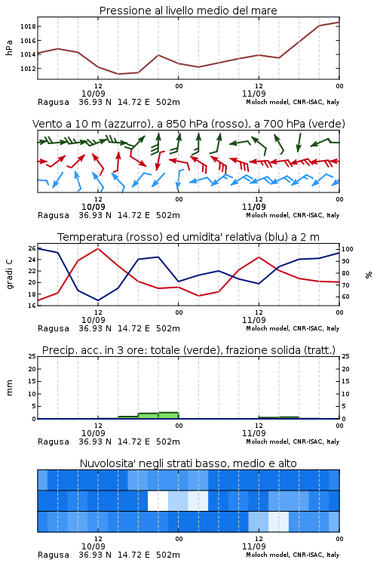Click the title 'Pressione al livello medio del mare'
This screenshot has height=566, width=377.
188,11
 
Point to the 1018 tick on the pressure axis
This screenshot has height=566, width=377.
28,26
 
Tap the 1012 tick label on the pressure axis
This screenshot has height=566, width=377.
28,69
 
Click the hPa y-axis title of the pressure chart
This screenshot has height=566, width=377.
9,48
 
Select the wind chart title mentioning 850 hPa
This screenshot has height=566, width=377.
188,124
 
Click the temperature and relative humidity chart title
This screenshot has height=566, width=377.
188,237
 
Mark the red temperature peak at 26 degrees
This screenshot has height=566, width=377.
98,248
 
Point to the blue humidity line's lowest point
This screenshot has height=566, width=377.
98,300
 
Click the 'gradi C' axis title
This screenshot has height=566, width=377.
10,275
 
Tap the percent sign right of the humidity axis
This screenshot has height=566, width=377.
369,275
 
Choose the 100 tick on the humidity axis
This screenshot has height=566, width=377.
348,249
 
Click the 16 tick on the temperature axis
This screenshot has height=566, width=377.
32,306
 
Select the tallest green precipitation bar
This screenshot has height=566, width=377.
168,416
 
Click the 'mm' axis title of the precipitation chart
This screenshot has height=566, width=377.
9,388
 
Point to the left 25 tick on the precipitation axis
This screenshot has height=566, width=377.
32,356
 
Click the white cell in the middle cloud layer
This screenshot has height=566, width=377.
158,500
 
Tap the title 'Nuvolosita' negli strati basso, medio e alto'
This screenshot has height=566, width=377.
188,463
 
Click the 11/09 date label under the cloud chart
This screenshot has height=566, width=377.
253,546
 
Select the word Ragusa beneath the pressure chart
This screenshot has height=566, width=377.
54,102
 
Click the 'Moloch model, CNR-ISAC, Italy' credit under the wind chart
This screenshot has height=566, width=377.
293,215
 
